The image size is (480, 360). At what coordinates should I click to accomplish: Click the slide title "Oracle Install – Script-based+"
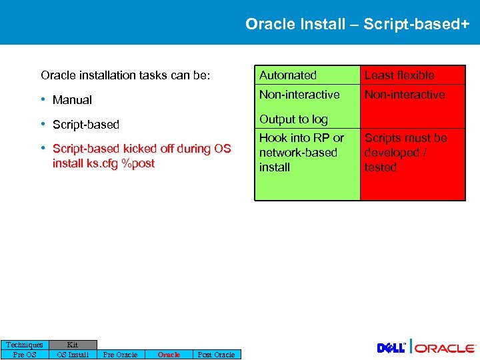(x=357, y=25)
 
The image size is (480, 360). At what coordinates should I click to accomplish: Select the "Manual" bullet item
(x=72, y=100)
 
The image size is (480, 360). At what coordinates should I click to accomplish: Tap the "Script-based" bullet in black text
(x=85, y=125)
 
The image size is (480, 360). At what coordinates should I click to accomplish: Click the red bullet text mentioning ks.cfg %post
(x=141, y=156)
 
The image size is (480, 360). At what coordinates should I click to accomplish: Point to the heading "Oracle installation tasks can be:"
(x=125, y=75)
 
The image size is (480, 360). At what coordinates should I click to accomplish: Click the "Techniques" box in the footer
(x=25, y=345)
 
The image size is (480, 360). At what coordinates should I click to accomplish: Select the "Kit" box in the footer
(x=73, y=345)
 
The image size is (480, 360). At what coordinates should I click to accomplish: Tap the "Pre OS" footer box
(x=25, y=355)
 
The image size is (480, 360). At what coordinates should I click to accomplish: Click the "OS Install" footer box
(x=73, y=355)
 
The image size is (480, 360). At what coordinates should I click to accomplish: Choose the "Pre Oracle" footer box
(x=121, y=355)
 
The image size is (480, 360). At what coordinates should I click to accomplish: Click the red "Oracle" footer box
(x=169, y=355)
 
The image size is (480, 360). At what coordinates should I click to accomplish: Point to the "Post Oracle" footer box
(x=217, y=355)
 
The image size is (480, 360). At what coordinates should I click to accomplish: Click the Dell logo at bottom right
(x=391, y=348)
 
